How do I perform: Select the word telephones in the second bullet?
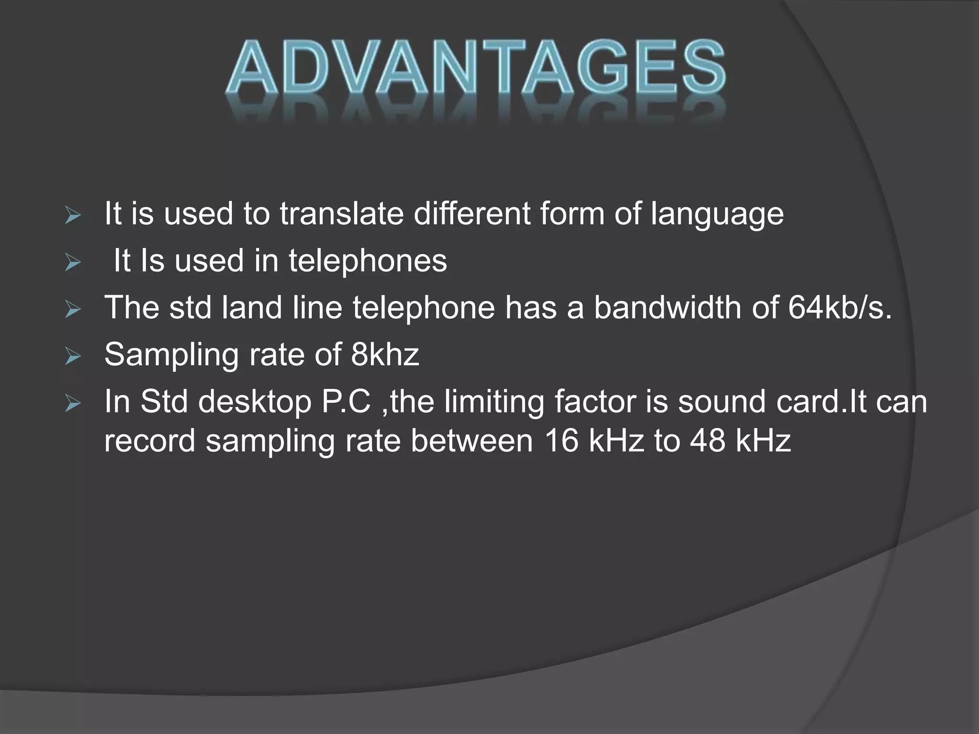368,261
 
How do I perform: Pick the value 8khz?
385,355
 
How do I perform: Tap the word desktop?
255,402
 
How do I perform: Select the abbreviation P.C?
347,402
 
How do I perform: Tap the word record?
150,441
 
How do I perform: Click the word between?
471,440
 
